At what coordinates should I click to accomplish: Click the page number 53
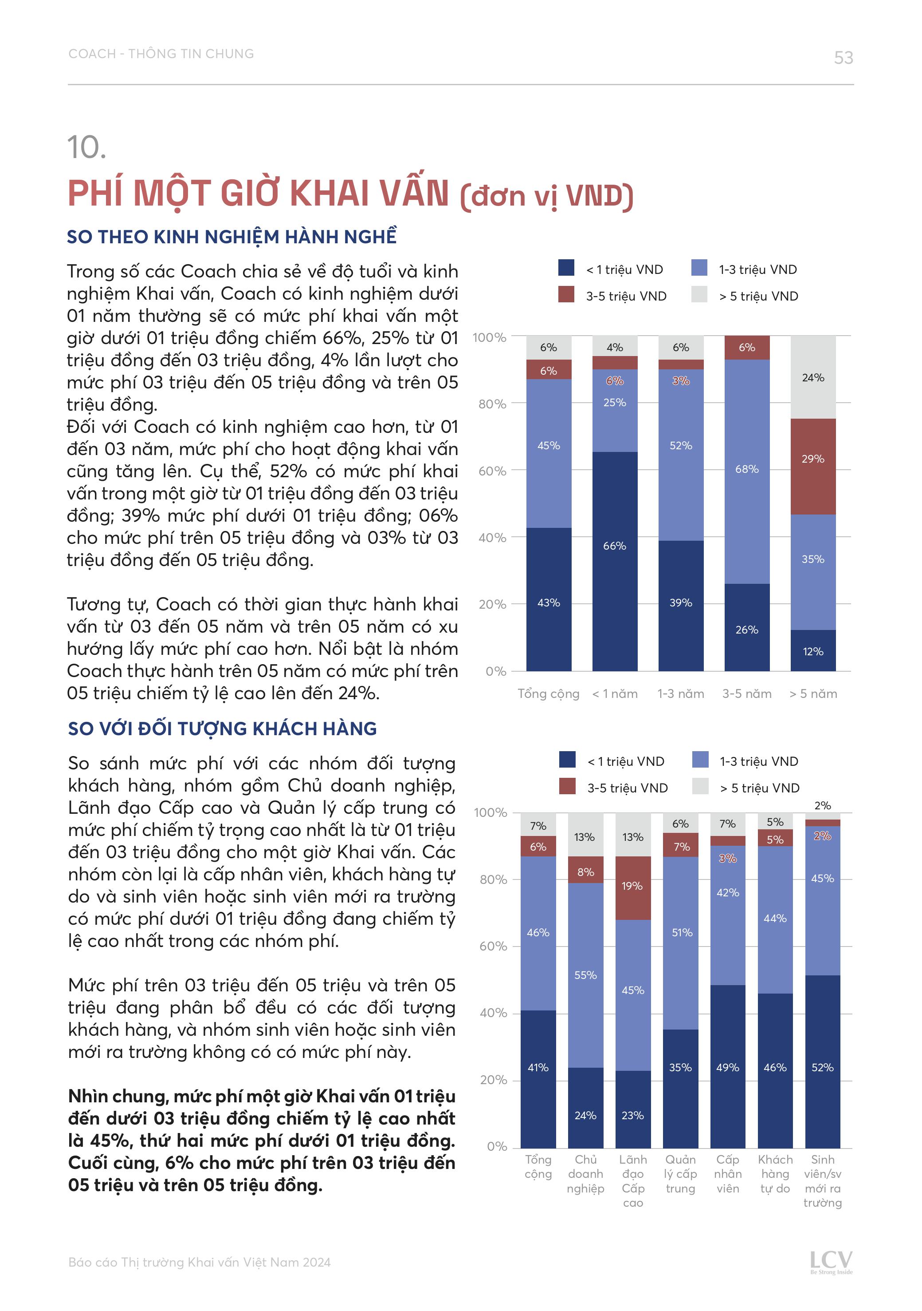843,58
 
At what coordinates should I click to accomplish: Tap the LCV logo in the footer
831,1261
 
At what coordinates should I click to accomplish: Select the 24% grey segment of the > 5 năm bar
812,377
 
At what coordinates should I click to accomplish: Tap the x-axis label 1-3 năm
680,694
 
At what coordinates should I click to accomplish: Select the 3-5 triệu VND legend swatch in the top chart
566,295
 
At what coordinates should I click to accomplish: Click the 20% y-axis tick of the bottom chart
494,1080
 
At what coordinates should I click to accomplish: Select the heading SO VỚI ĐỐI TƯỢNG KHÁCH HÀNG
223,729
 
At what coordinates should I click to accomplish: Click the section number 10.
87,147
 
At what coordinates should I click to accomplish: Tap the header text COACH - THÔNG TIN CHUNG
161,54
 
